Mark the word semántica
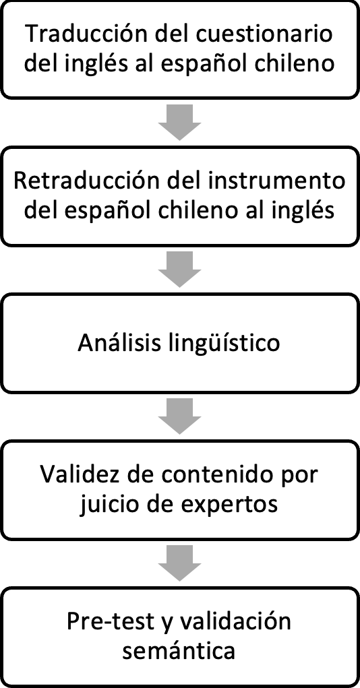tap(179, 651)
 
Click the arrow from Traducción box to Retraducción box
tap(179, 123)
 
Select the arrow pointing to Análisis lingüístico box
tap(179, 270)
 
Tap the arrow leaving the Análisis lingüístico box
tap(179, 416)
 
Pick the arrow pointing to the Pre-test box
tap(179, 563)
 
